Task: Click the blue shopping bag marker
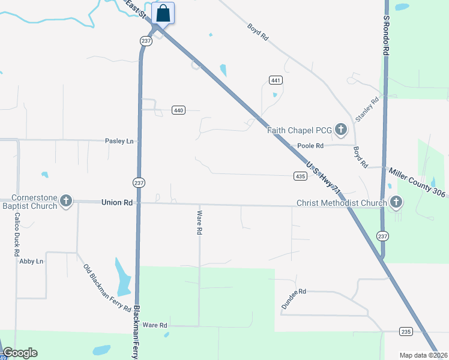pyautogui.click(x=163, y=13)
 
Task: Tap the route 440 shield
pyautogui.click(x=178, y=110)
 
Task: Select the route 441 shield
pyautogui.click(x=276, y=80)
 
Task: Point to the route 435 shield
pyautogui.click(x=301, y=176)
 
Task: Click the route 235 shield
pyautogui.click(x=406, y=331)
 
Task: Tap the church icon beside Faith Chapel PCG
pyautogui.click(x=341, y=128)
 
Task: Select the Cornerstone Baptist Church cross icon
pyautogui.click(x=66, y=201)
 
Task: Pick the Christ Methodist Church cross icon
pyautogui.click(x=396, y=202)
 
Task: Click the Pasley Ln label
pyautogui.click(x=119, y=141)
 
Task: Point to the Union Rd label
pyautogui.click(x=116, y=203)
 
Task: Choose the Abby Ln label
pyautogui.click(x=31, y=261)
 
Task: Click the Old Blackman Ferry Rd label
pyautogui.click(x=107, y=288)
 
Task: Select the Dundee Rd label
pyautogui.click(x=294, y=299)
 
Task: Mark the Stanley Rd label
pyautogui.click(x=367, y=109)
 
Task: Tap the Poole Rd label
pyautogui.click(x=311, y=146)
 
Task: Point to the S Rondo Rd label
pyautogui.click(x=386, y=36)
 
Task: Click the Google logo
pyautogui.click(x=20, y=353)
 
